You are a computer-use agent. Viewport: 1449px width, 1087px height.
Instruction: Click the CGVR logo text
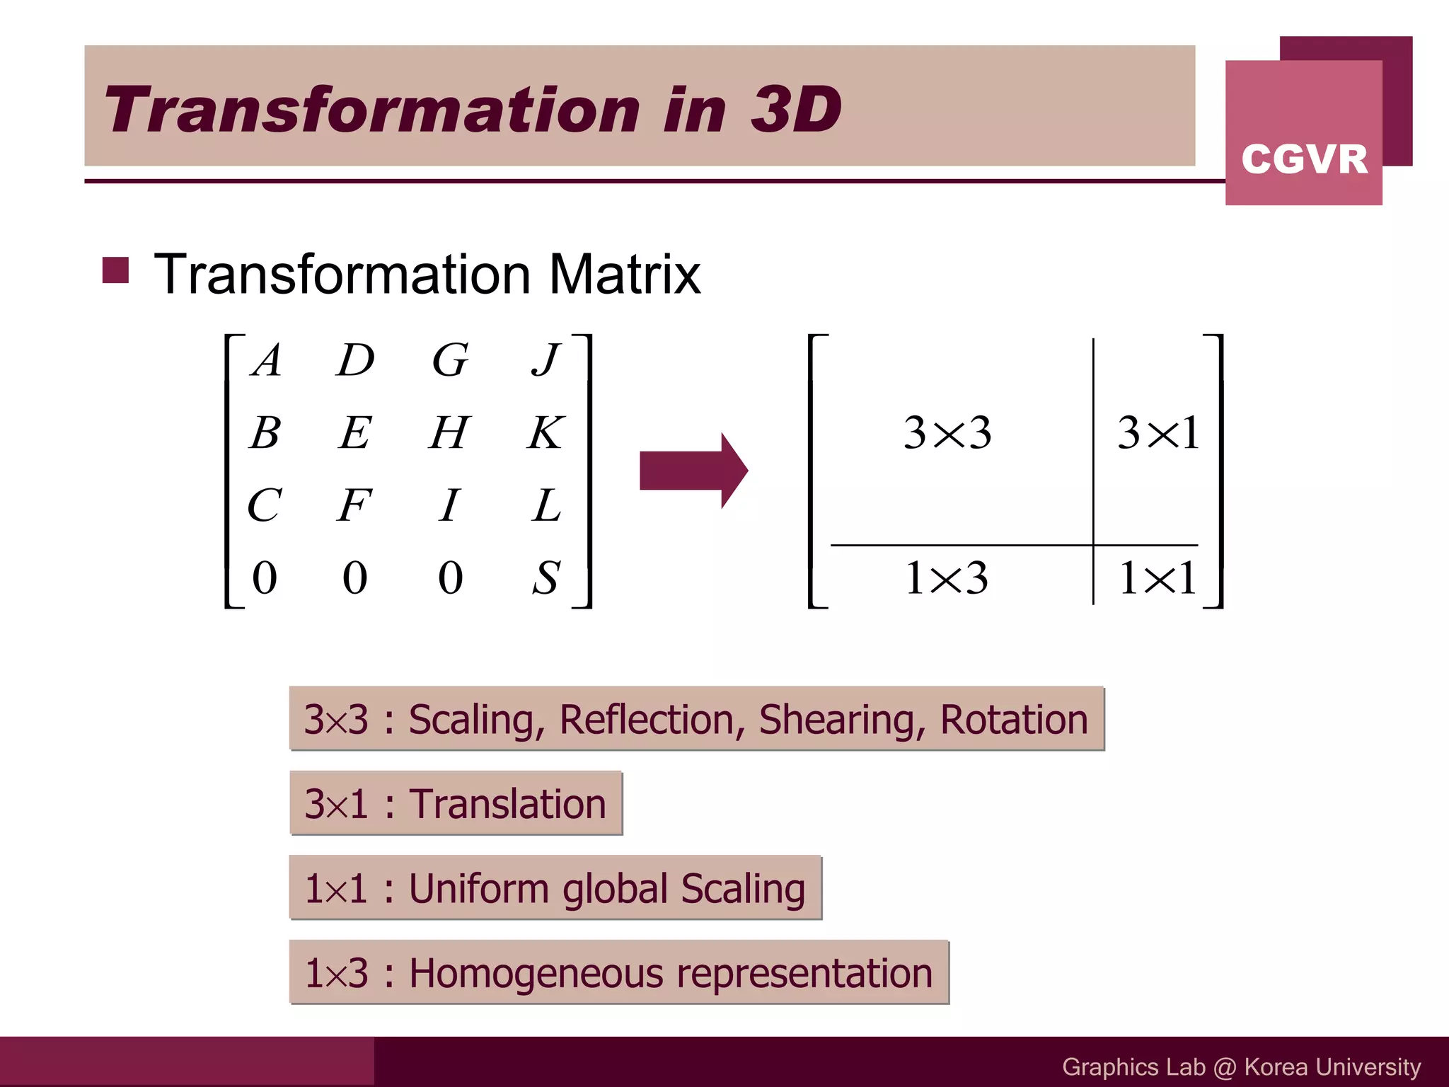click(x=1304, y=159)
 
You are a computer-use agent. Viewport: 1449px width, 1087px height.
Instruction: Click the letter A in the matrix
click(x=267, y=360)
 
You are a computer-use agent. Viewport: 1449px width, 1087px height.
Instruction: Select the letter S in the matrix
click(x=546, y=577)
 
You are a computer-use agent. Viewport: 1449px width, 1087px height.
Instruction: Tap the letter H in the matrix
click(x=449, y=432)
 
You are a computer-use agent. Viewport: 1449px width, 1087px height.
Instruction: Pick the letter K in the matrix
click(x=545, y=432)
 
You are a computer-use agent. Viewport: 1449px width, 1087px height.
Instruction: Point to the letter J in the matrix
click(x=546, y=360)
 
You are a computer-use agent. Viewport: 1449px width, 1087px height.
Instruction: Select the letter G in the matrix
click(x=450, y=360)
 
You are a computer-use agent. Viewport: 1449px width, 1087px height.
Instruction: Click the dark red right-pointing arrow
click(x=693, y=471)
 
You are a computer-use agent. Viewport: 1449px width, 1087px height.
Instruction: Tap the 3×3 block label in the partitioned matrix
click(x=947, y=432)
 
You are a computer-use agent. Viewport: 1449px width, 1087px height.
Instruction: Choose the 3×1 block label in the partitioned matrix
click(x=1158, y=432)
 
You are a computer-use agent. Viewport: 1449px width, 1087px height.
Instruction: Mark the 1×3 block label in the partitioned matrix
click(x=947, y=577)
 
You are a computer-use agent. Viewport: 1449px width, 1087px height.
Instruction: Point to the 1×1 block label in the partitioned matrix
click(x=1158, y=577)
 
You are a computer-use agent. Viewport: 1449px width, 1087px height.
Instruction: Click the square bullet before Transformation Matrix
click(x=115, y=270)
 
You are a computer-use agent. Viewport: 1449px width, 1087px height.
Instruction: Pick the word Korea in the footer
click(x=1275, y=1066)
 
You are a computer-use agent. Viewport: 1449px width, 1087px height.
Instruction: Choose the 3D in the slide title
click(x=795, y=110)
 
